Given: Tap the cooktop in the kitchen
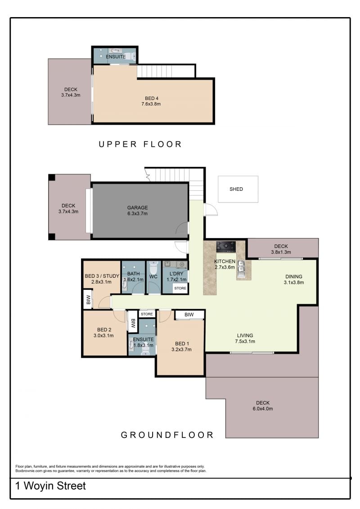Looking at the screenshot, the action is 226,246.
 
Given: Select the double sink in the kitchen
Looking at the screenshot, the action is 241,269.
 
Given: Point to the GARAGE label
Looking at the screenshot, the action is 137,207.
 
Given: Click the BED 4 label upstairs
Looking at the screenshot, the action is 152,99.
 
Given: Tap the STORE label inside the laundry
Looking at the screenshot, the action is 180,288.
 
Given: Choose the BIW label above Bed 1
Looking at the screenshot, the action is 189,315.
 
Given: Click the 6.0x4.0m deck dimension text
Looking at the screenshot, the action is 263,409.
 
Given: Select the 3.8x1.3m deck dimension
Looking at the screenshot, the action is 281,252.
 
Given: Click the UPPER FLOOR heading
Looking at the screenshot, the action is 140,144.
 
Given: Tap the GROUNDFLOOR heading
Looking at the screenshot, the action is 167,435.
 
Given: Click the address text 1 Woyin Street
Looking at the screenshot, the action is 51,486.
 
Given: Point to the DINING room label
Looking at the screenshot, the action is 294,277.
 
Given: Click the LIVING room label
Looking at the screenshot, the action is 245,335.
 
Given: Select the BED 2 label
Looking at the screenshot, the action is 104,329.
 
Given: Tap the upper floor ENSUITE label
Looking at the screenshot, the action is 116,57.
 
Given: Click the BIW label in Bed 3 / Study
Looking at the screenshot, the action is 88,300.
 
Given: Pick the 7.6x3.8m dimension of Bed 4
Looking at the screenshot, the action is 151,104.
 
